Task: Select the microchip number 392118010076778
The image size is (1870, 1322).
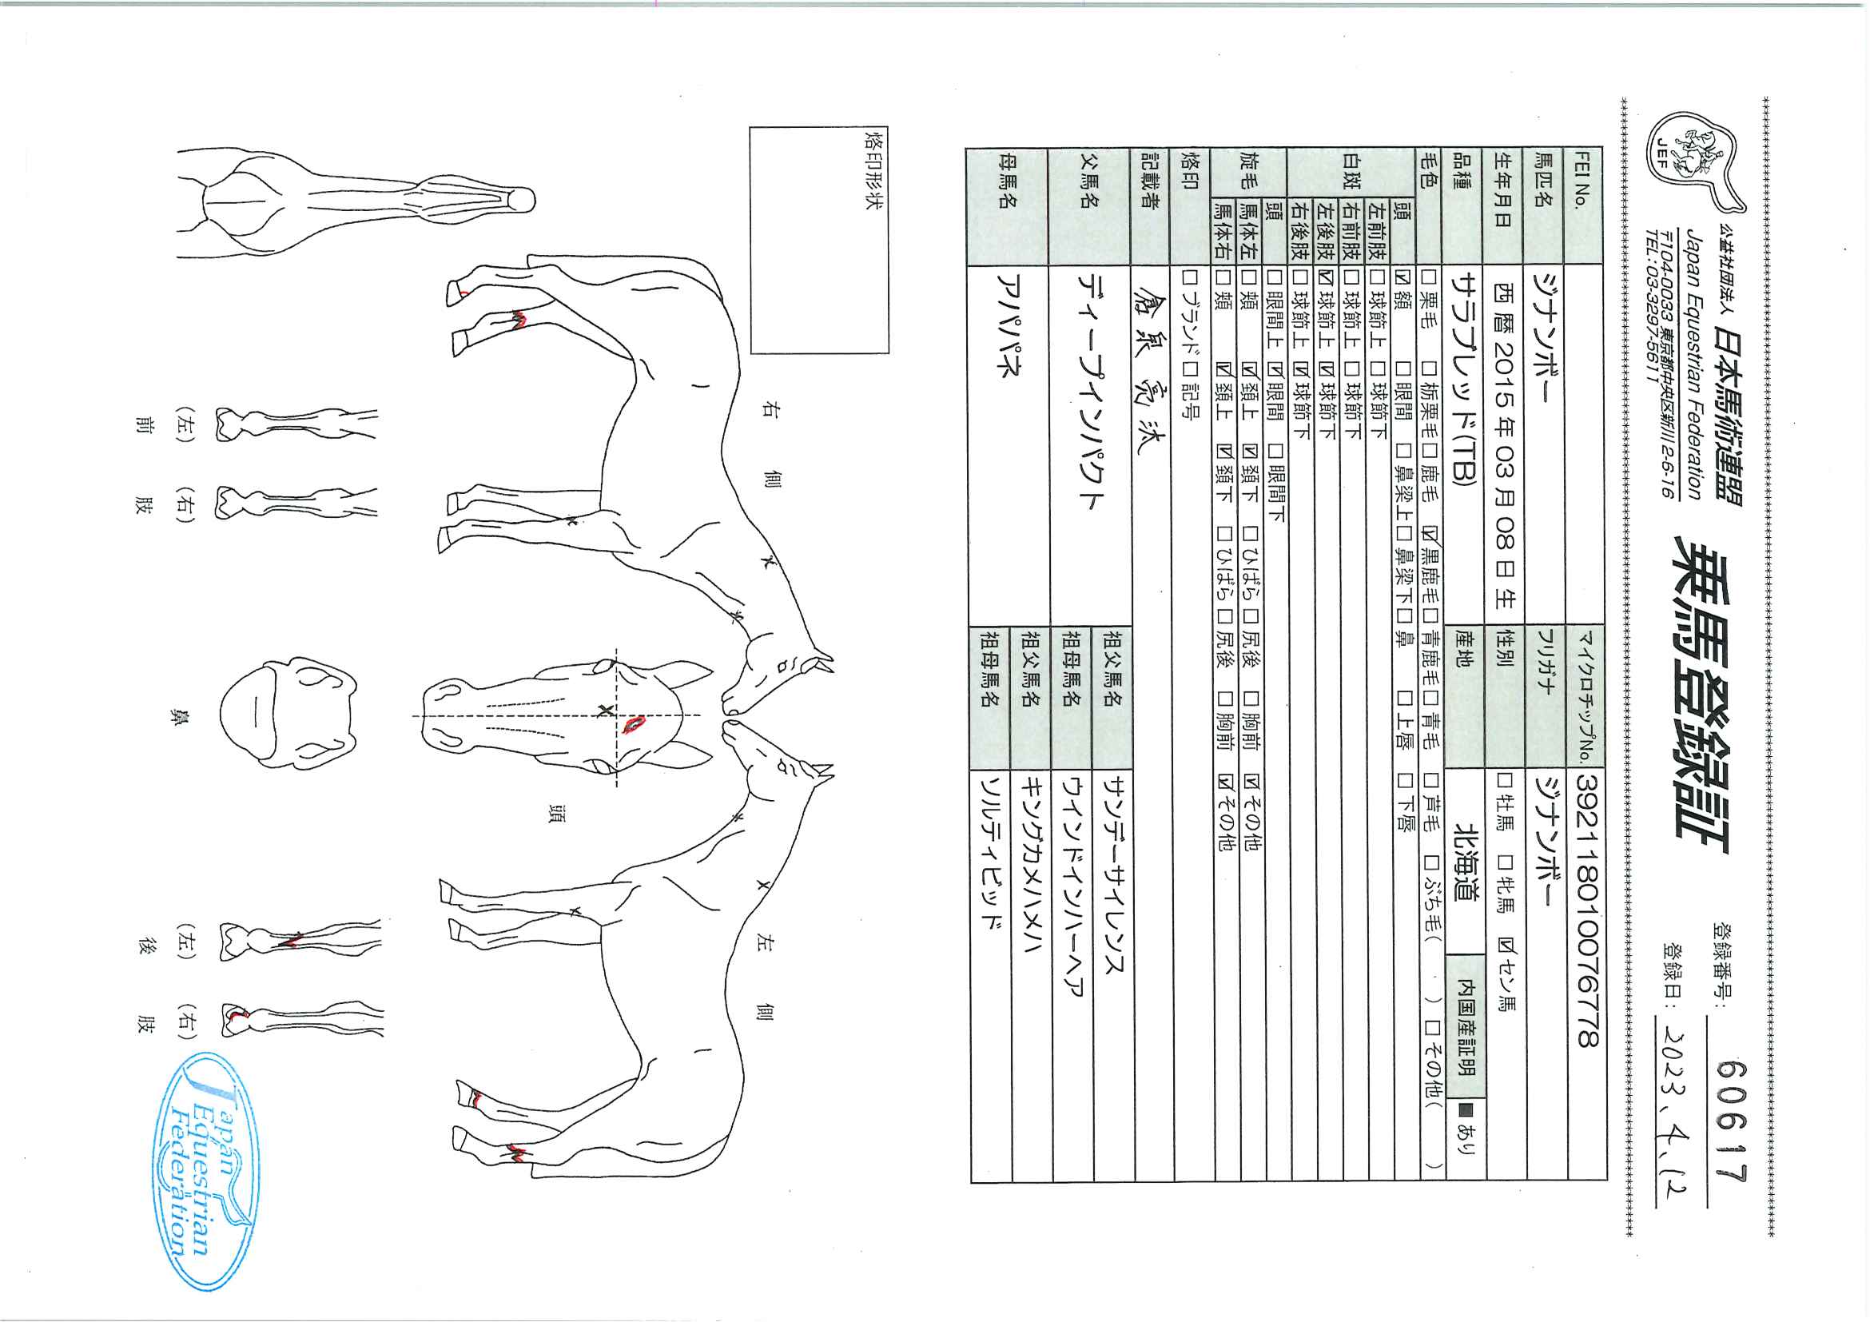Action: pos(1587,909)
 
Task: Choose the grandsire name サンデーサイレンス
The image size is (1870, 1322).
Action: pos(1112,871)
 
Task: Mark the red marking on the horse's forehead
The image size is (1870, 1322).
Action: pos(634,723)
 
